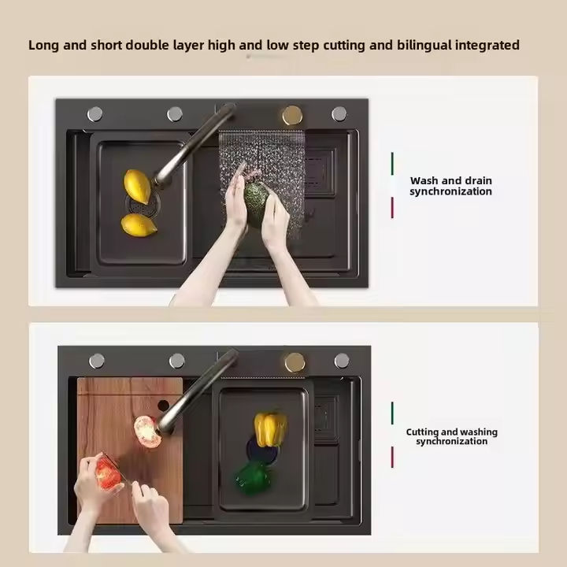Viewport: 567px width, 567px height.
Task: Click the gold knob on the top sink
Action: coord(292,115)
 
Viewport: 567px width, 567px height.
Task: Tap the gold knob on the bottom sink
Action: coord(295,362)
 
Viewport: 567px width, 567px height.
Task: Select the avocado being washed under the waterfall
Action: coord(257,205)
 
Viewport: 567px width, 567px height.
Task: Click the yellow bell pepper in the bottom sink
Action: coord(270,429)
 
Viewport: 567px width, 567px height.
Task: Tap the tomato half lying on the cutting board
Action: coord(147,432)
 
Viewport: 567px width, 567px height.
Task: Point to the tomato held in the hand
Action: coord(109,473)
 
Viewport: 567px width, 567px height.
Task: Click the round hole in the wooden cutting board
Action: coord(163,406)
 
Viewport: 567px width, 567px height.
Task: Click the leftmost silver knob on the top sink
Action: coord(94,114)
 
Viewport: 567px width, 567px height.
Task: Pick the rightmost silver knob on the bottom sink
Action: coord(342,361)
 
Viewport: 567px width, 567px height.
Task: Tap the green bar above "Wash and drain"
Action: coord(392,164)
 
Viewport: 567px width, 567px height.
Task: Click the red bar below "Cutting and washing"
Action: coord(392,457)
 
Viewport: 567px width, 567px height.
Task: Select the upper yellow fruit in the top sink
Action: coord(138,187)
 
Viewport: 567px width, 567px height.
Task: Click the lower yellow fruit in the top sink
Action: coord(139,225)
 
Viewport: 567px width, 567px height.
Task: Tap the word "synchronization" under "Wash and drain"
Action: coord(450,191)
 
